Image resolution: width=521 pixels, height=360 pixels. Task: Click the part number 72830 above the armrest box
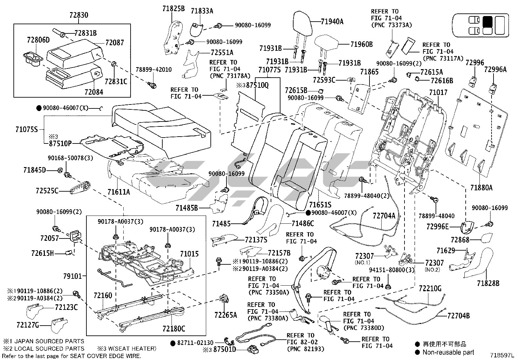tap(79, 15)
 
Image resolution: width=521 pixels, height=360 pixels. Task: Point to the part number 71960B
tap(361, 44)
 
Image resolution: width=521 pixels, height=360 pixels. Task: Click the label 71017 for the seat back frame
tap(438, 93)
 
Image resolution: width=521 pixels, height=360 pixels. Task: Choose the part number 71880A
tap(481, 188)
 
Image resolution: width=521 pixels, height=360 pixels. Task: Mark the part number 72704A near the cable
tap(384, 216)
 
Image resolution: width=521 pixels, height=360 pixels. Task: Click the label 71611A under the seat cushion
tap(118, 192)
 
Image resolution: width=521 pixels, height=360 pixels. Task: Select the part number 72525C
tap(47, 190)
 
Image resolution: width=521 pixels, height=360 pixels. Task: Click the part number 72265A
tap(225, 315)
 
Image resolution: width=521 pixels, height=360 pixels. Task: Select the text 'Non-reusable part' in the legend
tap(448, 352)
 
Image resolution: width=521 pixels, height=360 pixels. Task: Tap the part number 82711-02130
tap(195, 343)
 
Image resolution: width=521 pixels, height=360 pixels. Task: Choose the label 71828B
tap(488, 283)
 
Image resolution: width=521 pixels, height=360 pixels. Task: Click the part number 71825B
tap(173, 9)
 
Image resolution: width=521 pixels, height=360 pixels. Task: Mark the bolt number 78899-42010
tap(153, 70)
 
